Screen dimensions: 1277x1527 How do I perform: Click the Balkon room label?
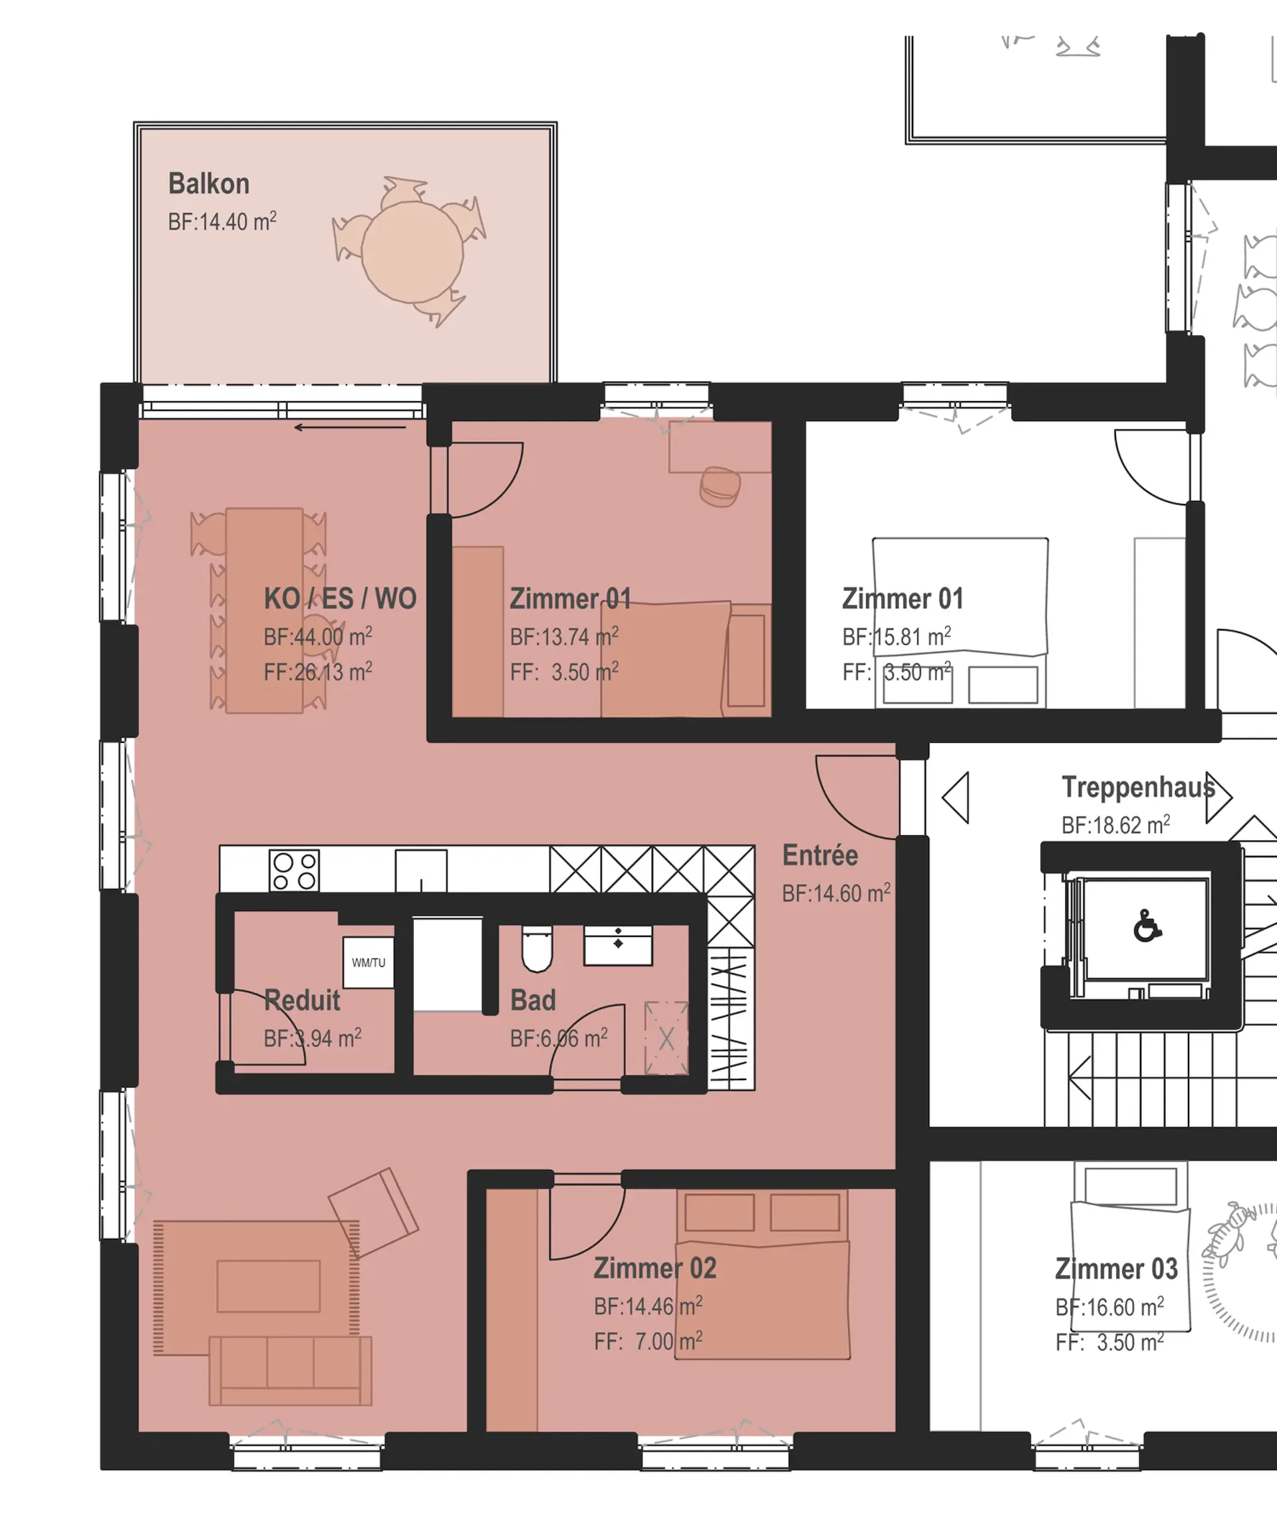click(209, 184)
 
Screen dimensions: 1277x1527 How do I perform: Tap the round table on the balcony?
click(412, 252)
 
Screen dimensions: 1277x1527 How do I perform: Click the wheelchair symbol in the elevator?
click(1147, 925)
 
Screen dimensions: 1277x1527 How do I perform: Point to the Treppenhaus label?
click(1138, 787)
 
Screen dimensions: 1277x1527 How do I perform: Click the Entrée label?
click(819, 856)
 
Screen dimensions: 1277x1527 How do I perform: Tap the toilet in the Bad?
click(537, 948)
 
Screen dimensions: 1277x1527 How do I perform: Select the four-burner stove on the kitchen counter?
click(295, 871)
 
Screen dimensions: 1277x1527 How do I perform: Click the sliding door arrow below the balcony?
click(350, 428)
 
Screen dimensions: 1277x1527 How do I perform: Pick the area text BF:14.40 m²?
click(221, 221)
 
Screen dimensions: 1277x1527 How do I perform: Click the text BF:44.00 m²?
click(318, 636)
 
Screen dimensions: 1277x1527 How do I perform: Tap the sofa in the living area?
click(290, 1371)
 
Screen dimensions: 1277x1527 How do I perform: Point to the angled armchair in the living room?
click(373, 1213)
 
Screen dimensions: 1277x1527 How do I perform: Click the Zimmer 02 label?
click(655, 1269)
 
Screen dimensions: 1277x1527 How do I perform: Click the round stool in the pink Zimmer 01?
click(720, 486)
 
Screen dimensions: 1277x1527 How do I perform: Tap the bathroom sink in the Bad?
click(618, 945)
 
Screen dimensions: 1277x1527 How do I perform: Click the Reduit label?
click(302, 1000)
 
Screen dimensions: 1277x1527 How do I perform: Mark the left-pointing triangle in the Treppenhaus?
click(956, 797)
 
